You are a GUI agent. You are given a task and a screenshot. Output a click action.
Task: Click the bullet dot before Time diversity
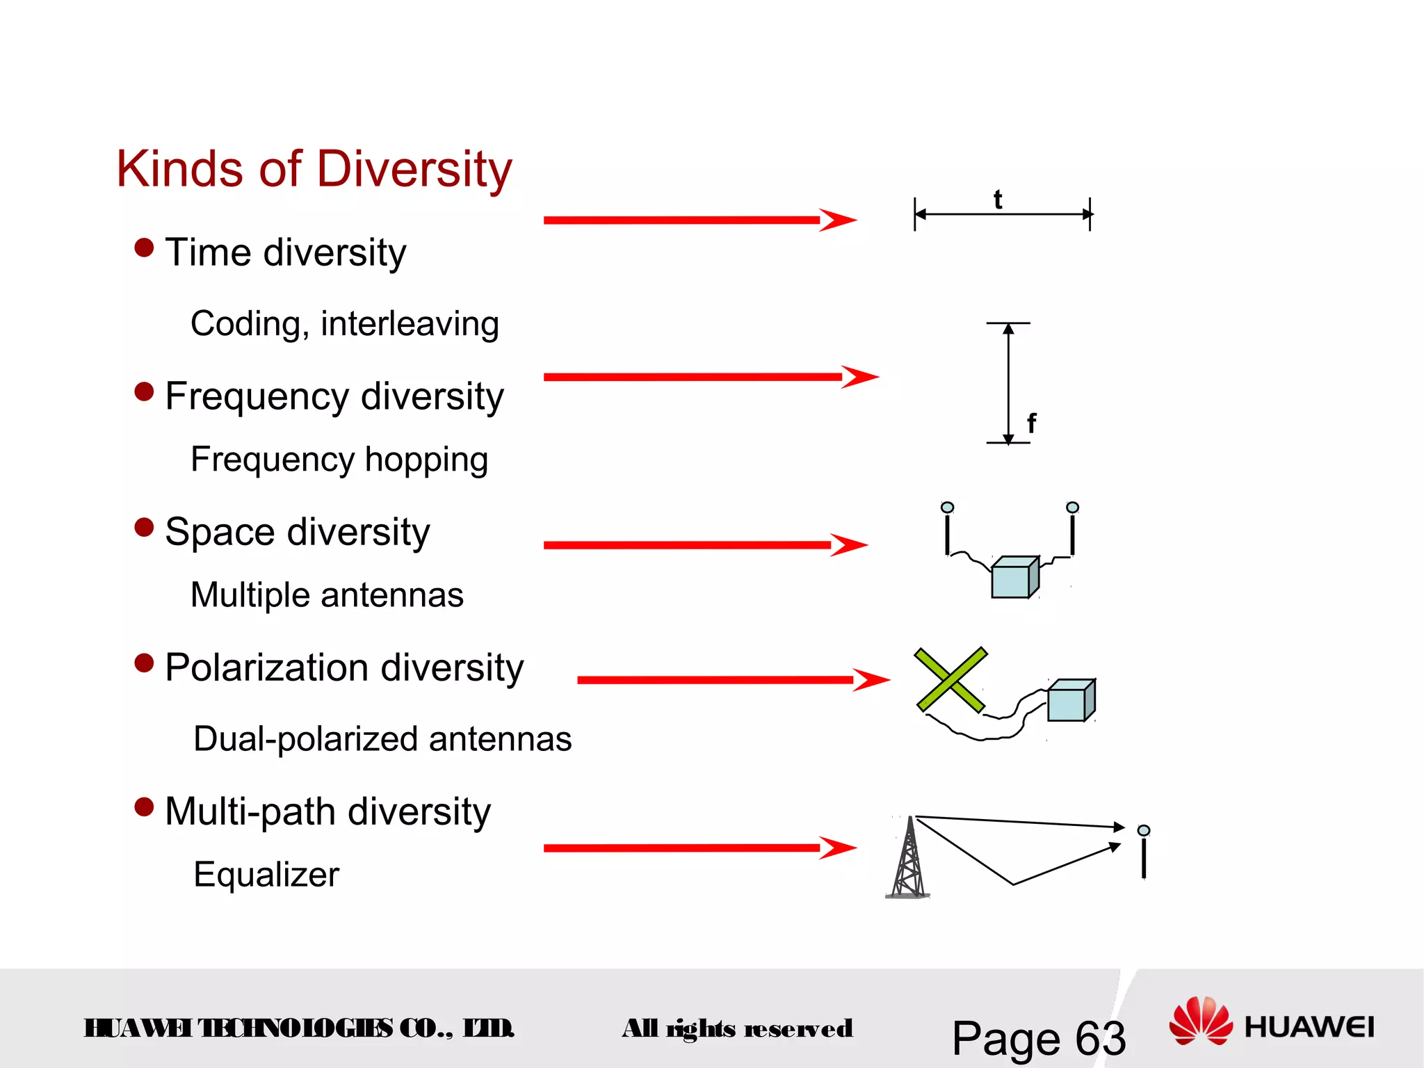click(144, 248)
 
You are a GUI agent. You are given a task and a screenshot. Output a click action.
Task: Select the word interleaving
click(410, 325)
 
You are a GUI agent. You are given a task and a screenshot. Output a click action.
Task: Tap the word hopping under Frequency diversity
click(426, 460)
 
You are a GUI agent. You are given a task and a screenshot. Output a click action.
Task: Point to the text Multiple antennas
click(327, 596)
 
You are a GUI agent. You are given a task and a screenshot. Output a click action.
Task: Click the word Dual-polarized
click(306, 740)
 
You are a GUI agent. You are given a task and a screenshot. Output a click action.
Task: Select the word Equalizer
click(266, 875)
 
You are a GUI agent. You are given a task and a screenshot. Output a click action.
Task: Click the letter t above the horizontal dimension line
click(998, 200)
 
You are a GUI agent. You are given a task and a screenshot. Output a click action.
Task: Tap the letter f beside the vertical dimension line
click(1031, 423)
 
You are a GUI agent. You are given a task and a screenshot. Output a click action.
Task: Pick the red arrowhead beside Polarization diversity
click(871, 679)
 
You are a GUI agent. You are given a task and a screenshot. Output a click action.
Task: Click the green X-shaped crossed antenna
click(950, 680)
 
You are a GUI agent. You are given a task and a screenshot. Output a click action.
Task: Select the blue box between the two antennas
click(1014, 578)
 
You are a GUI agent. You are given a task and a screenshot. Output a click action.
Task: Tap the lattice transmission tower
click(909, 860)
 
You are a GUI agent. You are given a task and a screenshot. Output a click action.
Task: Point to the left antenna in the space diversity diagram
click(947, 529)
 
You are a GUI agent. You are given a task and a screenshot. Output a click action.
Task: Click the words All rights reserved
click(737, 1028)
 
